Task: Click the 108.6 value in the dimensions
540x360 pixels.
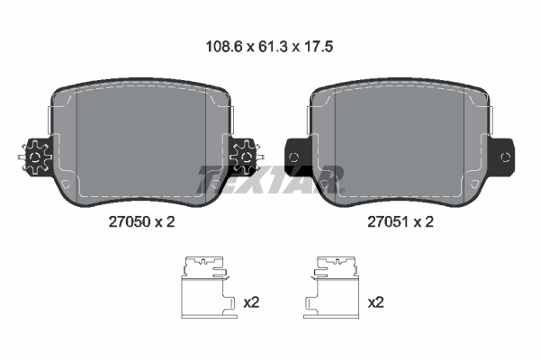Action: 224,47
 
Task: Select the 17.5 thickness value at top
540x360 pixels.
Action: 319,47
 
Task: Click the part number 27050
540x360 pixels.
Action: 130,222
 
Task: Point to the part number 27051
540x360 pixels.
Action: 389,222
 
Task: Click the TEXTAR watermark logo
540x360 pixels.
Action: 270,179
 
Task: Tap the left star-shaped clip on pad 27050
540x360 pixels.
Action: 35,157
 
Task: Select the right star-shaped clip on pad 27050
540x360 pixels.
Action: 246,157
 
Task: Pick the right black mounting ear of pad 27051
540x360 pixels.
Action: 502,157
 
